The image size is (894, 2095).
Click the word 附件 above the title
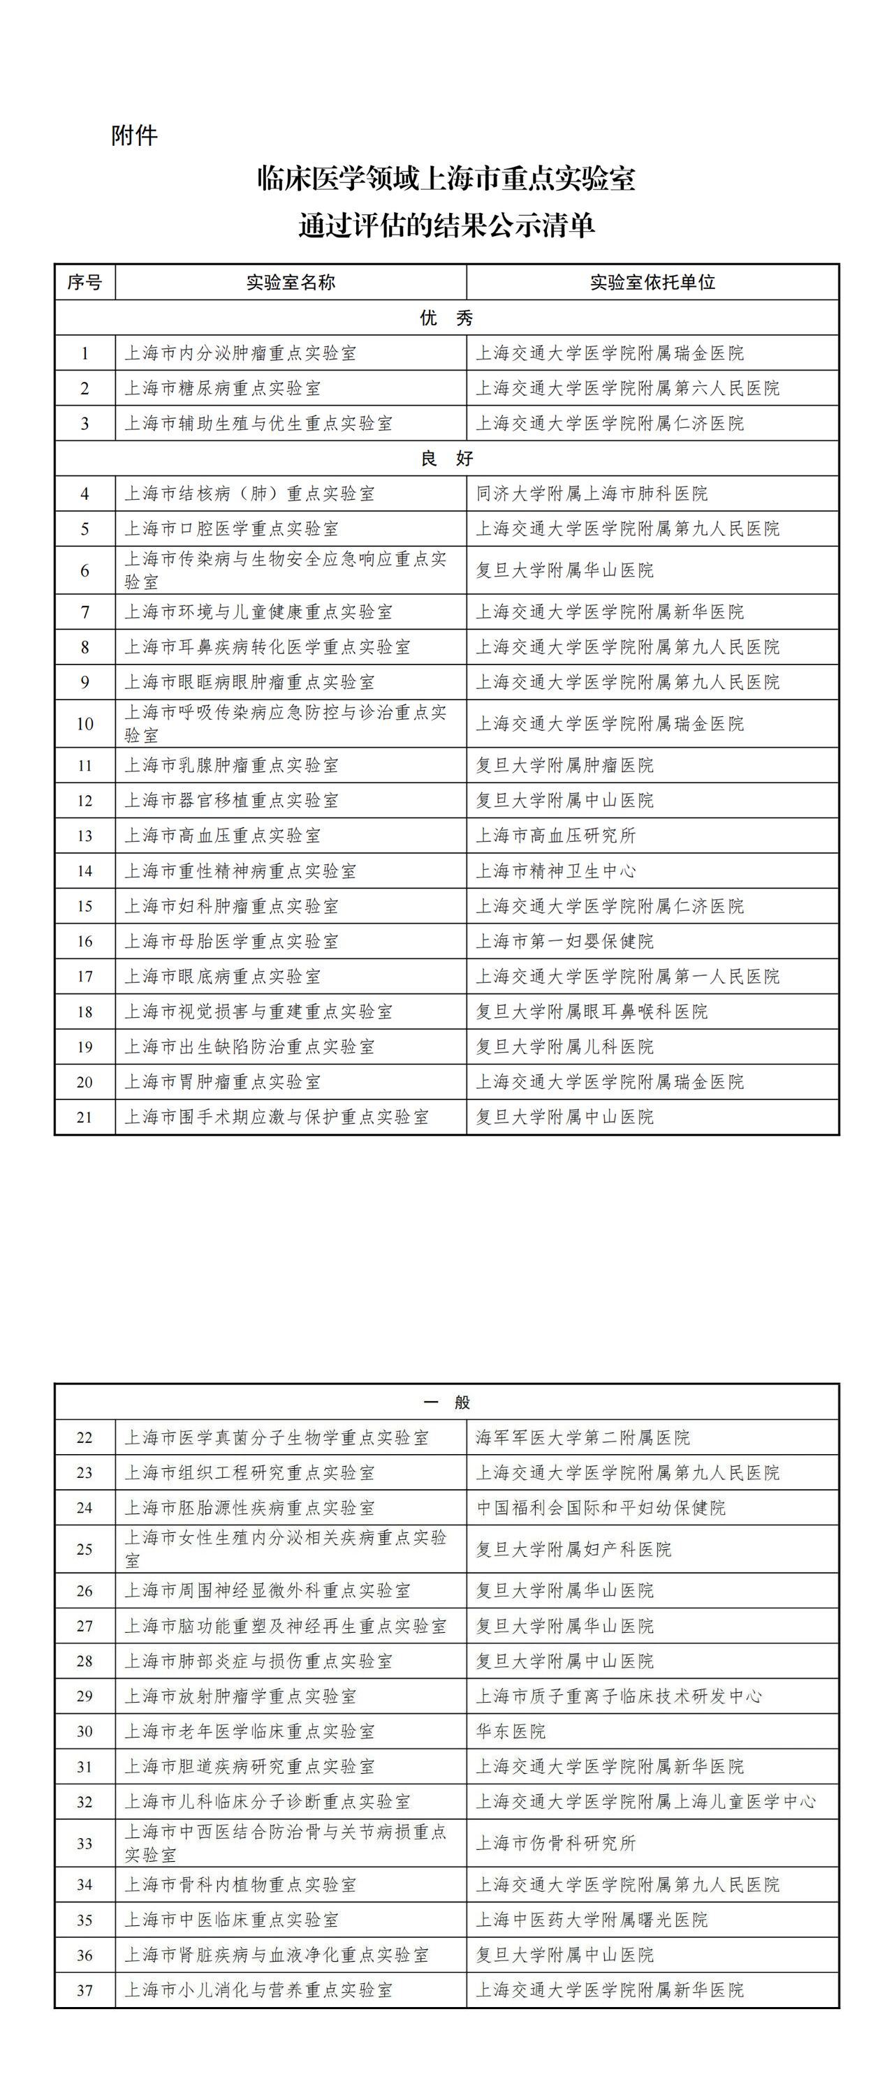[x=134, y=135]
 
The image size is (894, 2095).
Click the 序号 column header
[x=85, y=282]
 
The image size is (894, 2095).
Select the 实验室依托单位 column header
[x=652, y=282]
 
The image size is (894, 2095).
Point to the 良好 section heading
[x=446, y=459]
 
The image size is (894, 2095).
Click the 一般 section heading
[x=446, y=1402]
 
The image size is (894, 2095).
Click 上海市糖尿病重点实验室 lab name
[x=222, y=389]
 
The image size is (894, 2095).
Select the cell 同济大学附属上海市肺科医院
[x=592, y=494]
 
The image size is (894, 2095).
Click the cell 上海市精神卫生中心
[x=555, y=871]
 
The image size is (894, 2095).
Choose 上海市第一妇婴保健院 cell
[x=564, y=941]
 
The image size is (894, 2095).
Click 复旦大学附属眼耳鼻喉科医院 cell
[x=592, y=1012]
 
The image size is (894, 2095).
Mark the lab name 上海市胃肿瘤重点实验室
[x=222, y=1081]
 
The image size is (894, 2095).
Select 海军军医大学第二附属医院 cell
[x=582, y=1438]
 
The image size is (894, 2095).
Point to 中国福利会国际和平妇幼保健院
[x=601, y=1508]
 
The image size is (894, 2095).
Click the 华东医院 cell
[x=511, y=1731]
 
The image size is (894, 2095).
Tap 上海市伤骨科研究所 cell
[x=555, y=1843]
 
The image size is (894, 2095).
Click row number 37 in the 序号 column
[x=85, y=1990]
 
